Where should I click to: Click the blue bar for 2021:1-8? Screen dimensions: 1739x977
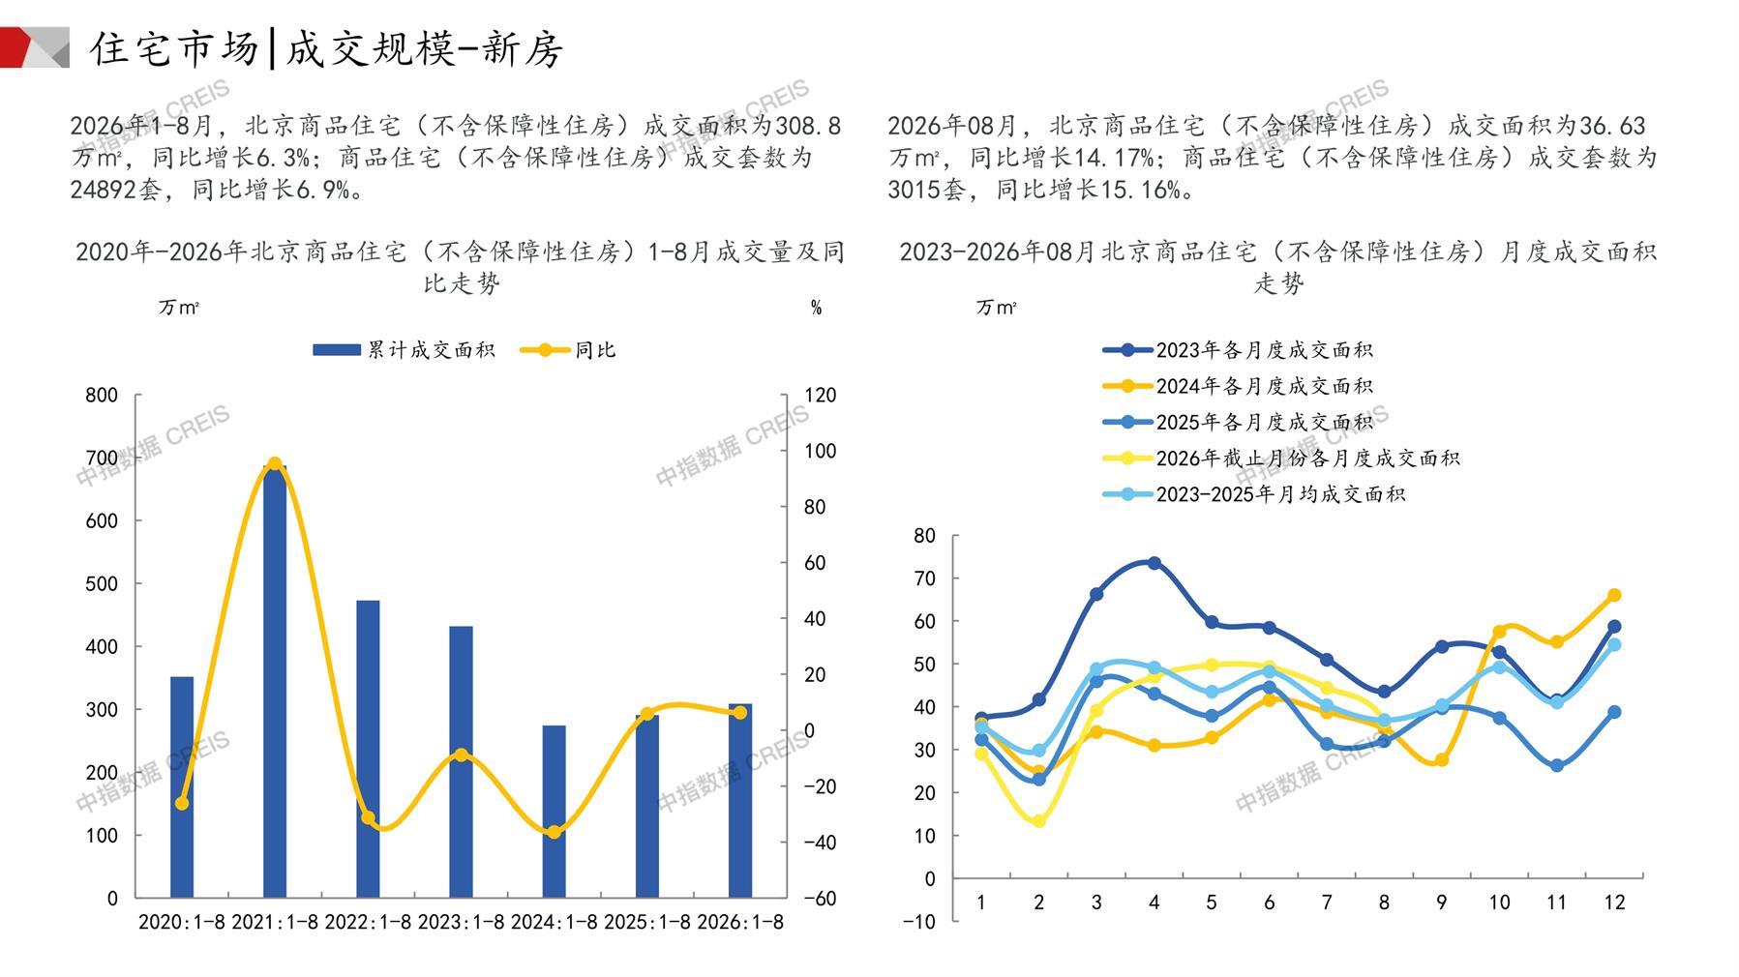pyautogui.click(x=275, y=681)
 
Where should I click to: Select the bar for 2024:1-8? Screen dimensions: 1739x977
pyautogui.click(x=554, y=812)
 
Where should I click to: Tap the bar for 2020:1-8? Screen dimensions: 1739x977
pyautogui.click(x=182, y=787)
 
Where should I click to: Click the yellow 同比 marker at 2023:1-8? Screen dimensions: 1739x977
pyautogui.click(x=462, y=755)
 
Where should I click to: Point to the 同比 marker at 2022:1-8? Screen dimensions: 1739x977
pyautogui.click(x=368, y=818)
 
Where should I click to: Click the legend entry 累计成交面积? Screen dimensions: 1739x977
pyautogui.click(x=404, y=350)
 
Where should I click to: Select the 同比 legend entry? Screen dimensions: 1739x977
pyautogui.click(x=568, y=350)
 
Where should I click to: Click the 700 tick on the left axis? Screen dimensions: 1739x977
pyautogui.click(x=102, y=458)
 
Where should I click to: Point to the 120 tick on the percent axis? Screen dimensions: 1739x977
pyautogui.click(x=821, y=395)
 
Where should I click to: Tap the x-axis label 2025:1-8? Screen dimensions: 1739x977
pyautogui.click(x=647, y=922)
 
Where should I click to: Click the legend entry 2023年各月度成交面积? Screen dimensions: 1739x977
pyautogui.click(x=1238, y=350)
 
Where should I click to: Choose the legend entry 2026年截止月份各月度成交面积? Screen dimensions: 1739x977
pyautogui.click(x=1281, y=459)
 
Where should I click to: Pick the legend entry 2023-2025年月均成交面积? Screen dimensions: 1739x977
pyautogui.click(x=1254, y=494)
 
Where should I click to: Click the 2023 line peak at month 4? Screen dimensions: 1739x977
pyautogui.click(x=1154, y=563)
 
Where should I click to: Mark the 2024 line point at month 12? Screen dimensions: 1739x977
pyautogui.click(x=1614, y=596)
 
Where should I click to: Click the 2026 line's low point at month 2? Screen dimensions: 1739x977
pyautogui.click(x=1038, y=821)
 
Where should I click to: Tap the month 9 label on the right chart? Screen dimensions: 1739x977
pyautogui.click(x=1441, y=903)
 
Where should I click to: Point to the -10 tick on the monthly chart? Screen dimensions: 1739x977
pyautogui.click(x=919, y=921)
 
